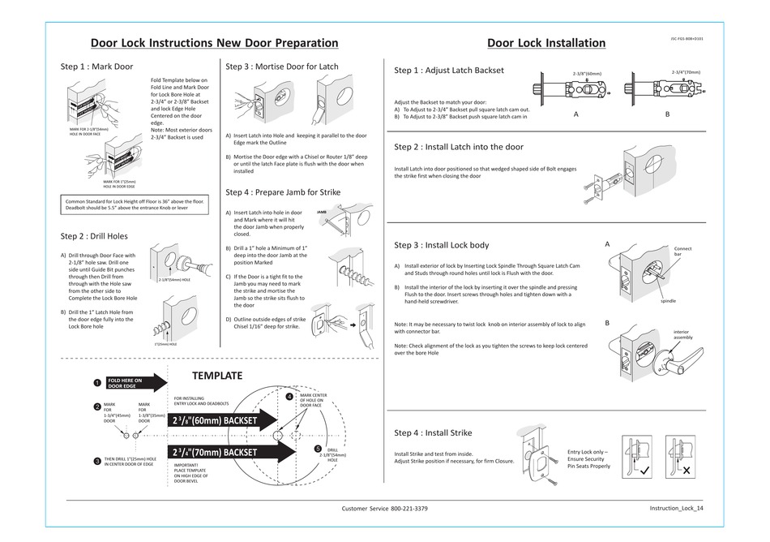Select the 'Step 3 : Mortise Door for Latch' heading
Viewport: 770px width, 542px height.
282,66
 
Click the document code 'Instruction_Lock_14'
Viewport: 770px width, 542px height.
676,508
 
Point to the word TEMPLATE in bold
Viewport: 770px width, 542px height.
216,376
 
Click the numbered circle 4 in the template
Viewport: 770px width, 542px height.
289,397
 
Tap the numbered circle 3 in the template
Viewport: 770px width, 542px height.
96,461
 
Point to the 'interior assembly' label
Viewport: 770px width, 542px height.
683,334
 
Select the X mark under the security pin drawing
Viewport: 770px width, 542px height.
686,470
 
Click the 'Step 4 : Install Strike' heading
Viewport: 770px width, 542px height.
433,432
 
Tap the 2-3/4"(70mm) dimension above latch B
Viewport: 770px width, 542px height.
685,71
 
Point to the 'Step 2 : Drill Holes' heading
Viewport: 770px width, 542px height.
94,236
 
